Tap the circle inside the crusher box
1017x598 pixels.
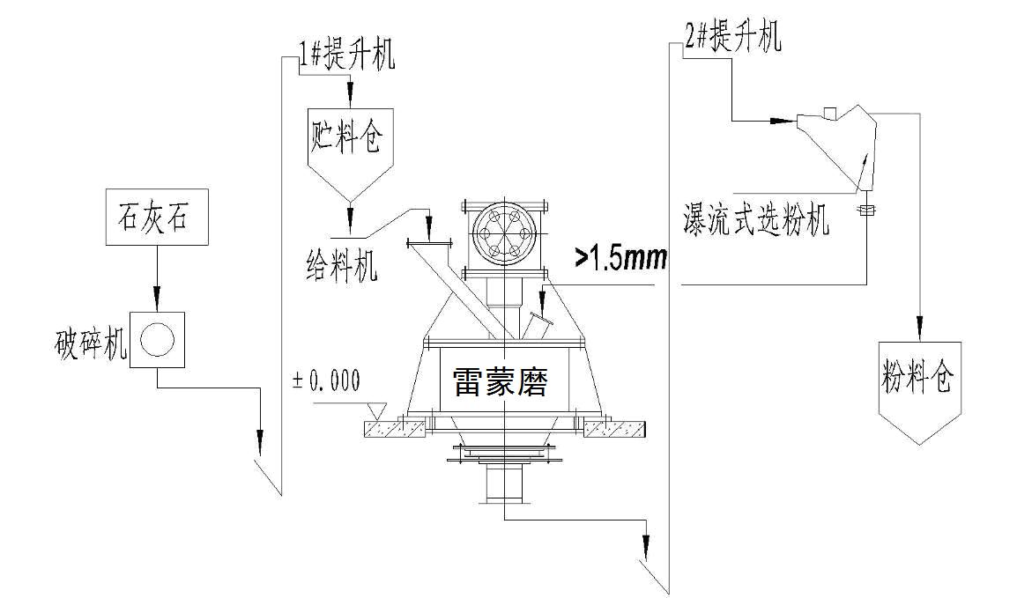click(x=157, y=339)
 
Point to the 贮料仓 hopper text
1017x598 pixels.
click(x=348, y=137)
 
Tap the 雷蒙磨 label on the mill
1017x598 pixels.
click(x=500, y=381)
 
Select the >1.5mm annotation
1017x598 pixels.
click(x=621, y=257)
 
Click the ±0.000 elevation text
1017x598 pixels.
click(x=326, y=380)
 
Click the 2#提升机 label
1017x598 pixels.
click(x=733, y=38)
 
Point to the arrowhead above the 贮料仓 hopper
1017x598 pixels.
click(x=350, y=92)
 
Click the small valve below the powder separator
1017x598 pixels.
click(x=865, y=210)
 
